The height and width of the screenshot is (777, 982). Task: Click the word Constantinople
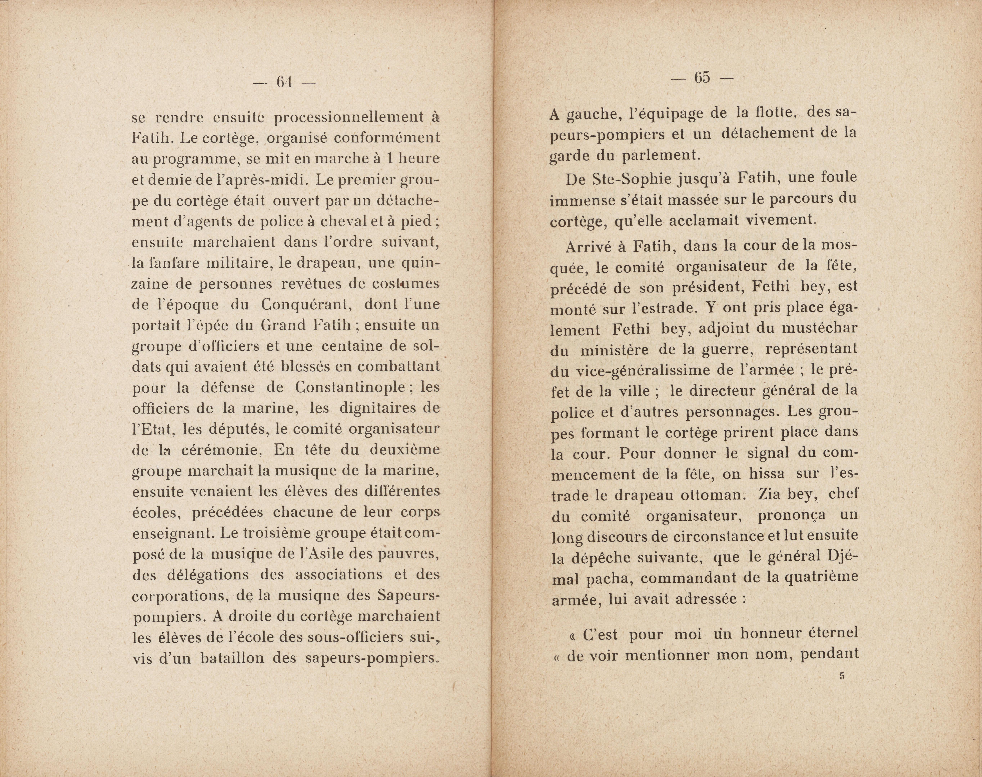coord(350,388)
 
